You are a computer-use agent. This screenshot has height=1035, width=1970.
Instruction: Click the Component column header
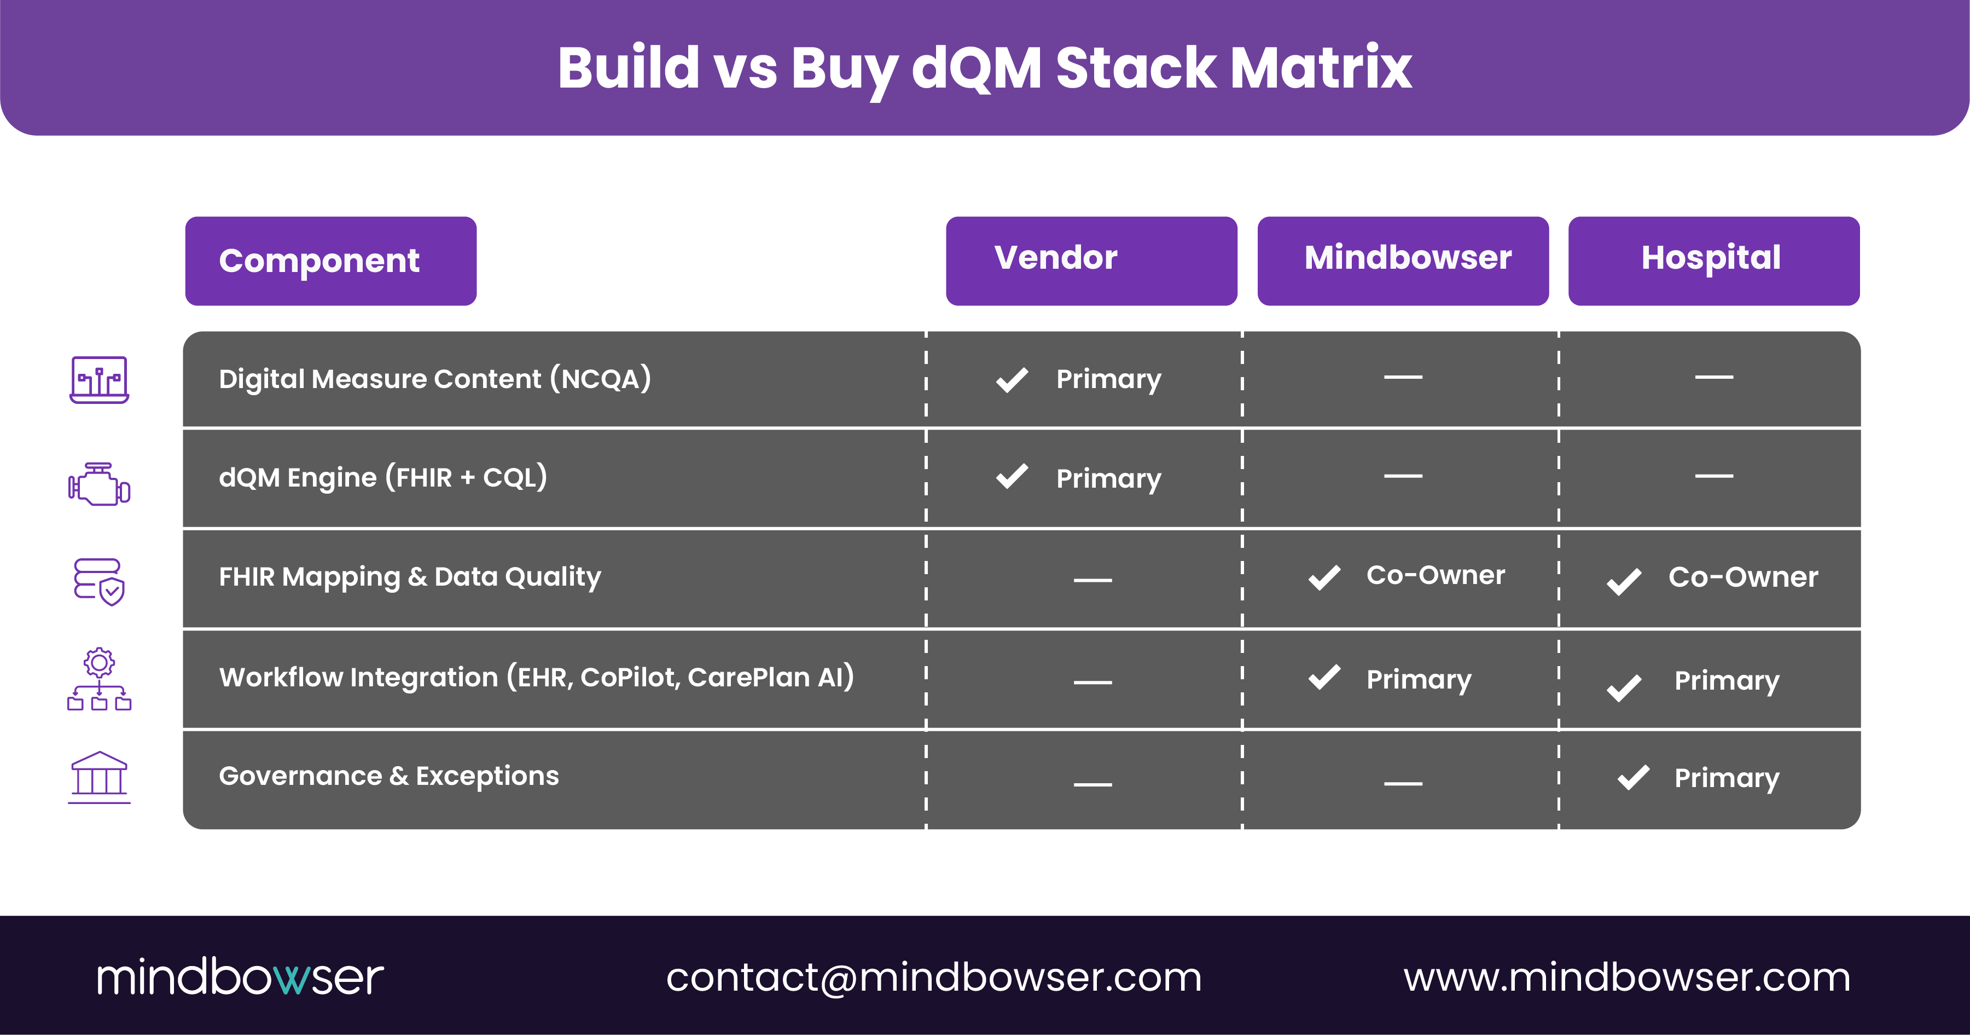point(330,261)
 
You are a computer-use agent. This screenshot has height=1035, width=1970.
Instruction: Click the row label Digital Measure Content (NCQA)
point(434,379)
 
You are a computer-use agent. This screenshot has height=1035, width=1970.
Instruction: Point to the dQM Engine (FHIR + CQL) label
point(382,477)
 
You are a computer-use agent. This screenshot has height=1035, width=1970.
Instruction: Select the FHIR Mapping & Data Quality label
point(409,577)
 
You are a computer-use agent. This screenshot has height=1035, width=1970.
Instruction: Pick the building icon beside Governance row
point(100,777)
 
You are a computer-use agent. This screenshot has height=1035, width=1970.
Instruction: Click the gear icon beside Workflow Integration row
point(100,662)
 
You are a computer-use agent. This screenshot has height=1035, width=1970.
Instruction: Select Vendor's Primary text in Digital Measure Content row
point(1108,379)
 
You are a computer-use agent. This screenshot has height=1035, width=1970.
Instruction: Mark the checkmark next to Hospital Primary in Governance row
point(1634,777)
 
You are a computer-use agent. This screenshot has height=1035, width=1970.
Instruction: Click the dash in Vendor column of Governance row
point(1092,784)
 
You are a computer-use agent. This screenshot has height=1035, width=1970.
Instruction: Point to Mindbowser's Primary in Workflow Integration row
point(1418,679)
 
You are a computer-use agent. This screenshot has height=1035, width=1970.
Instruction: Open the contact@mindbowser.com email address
point(934,978)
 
